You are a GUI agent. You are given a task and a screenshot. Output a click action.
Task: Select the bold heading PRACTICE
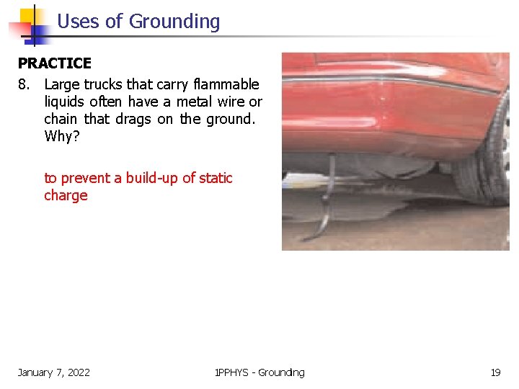point(55,64)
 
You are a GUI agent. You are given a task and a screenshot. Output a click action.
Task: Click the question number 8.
point(25,84)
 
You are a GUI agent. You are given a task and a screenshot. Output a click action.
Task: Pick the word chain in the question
point(61,119)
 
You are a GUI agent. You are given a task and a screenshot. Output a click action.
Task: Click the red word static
point(216,178)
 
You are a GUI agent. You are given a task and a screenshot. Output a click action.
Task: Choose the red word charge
point(66,195)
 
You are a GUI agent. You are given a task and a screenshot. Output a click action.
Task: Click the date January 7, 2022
point(54,372)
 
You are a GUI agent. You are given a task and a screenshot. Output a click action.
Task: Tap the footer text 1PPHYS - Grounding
point(259,372)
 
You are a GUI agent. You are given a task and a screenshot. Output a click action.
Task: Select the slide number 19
point(495,372)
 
